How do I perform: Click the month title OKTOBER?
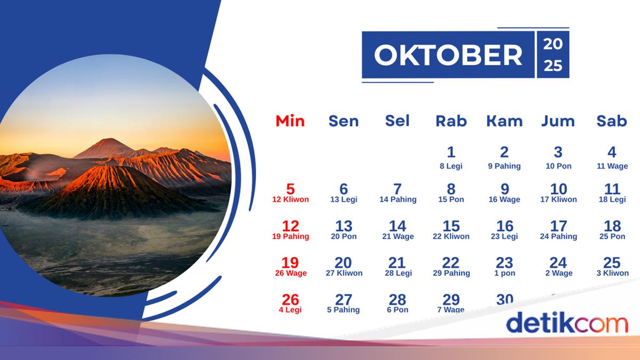(x=448, y=55)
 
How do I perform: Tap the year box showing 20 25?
(x=553, y=55)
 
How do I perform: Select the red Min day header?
(x=290, y=121)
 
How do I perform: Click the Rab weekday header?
(x=451, y=121)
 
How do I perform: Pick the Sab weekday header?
(x=611, y=121)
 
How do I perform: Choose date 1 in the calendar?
(x=451, y=153)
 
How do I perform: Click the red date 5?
(x=290, y=189)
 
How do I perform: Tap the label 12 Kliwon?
(x=290, y=200)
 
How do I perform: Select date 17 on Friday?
(x=558, y=226)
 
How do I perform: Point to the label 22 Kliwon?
(x=451, y=237)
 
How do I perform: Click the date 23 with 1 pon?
(x=504, y=263)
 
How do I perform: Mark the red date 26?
(x=290, y=300)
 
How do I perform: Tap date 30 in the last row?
(x=504, y=300)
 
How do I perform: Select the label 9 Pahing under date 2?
(x=504, y=166)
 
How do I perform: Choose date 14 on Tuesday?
(x=397, y=226)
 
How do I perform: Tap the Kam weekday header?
(x=504, y=121)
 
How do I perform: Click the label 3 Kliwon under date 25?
(x=612, y=274)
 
